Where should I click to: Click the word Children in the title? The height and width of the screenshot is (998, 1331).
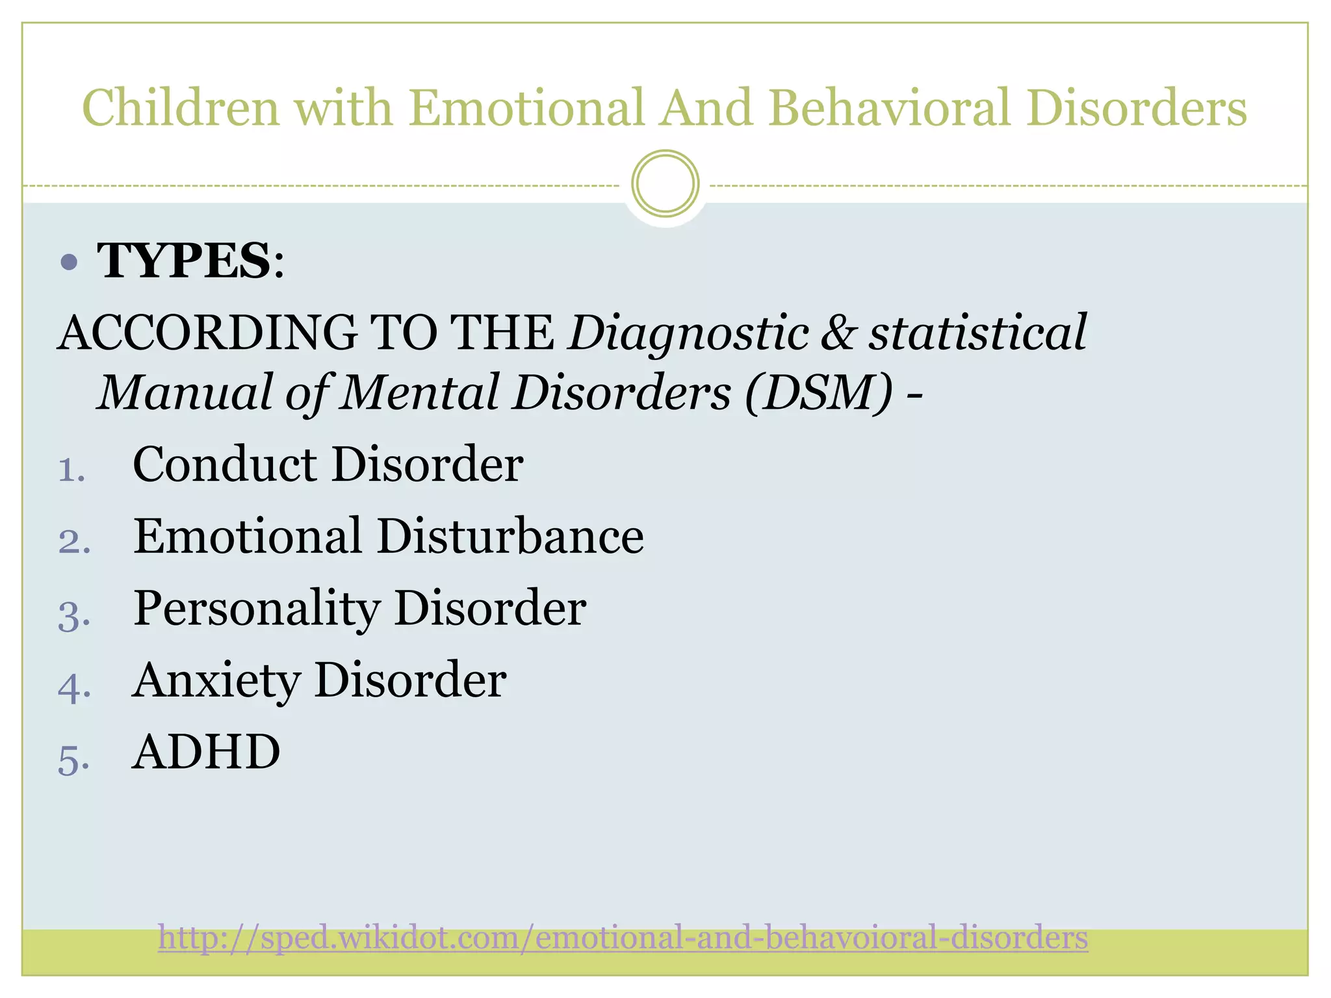point(180,108)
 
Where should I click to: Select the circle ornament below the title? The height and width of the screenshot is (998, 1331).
point(665,184)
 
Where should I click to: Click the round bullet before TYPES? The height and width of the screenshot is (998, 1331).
point(68,262)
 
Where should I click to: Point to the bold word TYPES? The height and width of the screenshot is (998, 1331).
point(184,261)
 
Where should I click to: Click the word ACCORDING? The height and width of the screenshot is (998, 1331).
point(208,333)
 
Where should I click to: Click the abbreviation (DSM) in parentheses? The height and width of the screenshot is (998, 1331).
point(818,393)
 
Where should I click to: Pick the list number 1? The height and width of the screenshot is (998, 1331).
point(71,470)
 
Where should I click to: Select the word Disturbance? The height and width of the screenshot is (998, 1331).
point(510,536)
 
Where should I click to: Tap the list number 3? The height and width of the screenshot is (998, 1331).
point(73,615)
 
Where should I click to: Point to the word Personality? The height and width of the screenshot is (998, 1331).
point(256,609)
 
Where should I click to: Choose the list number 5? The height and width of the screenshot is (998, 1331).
point(73,759)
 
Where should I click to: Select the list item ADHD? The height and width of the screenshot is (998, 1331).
point(206,752)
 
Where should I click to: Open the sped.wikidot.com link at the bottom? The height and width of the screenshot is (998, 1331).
point(623,938)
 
